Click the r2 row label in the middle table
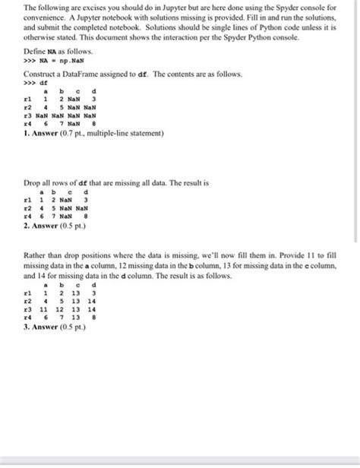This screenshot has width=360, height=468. (28, 205)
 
